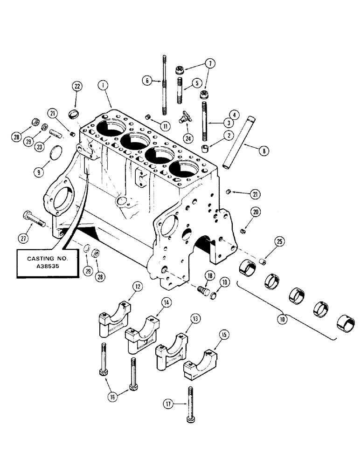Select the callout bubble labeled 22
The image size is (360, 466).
[x=77, y=86]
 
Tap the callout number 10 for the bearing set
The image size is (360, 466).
[x=282, y=319]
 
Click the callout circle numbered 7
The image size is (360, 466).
[x=209, y=62]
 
